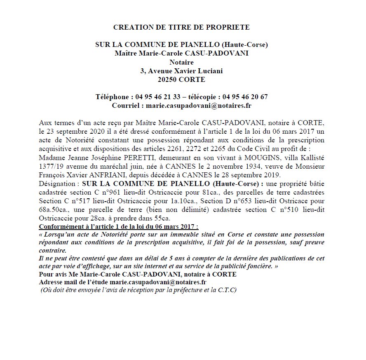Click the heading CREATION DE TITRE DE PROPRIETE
tap(181, 28)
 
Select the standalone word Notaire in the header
tap(181, 62)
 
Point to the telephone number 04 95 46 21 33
tap(158, 97)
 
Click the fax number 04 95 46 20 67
tap(245, 97)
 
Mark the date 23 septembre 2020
tap(76, 132)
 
